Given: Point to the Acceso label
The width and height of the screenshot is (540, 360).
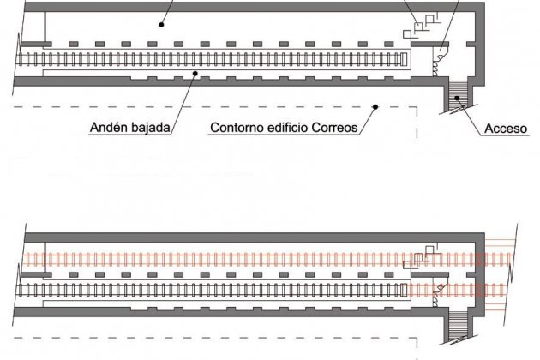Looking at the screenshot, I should tap(505, 129).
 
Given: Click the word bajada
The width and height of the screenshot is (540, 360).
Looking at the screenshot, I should tap(151, 129).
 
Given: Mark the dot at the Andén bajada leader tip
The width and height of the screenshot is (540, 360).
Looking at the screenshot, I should tap(197, 75).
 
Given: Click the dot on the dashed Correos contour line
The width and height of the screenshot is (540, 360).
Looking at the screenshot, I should tap(375, 106).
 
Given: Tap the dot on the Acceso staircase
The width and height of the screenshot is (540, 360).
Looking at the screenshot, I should tap(459, 99).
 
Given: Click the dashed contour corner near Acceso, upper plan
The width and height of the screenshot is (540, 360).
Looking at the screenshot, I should tap(416, 106).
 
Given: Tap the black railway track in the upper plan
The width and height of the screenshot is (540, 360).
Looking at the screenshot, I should tap(214, 58).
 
